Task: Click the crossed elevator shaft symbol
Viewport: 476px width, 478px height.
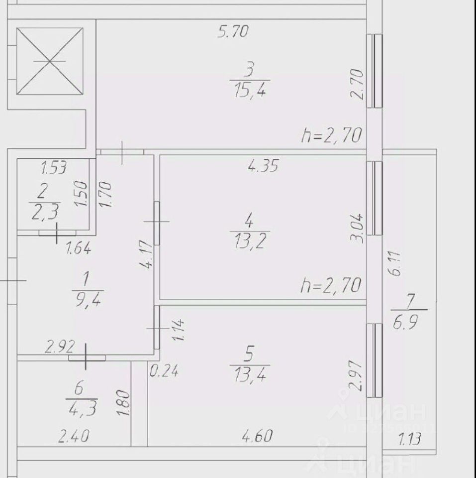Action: (x=50, y=61)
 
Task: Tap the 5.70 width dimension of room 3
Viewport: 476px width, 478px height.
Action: (x=233, y=32)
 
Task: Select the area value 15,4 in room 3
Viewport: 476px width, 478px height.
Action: (x=250, y=91)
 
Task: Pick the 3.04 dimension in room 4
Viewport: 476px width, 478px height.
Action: (x=359, y=228)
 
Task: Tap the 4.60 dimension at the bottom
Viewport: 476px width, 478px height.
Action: (x=258, y=437)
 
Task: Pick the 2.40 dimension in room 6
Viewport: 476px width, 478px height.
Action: (x=74, y=438)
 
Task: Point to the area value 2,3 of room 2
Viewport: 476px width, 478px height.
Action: (x=45, y=213)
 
